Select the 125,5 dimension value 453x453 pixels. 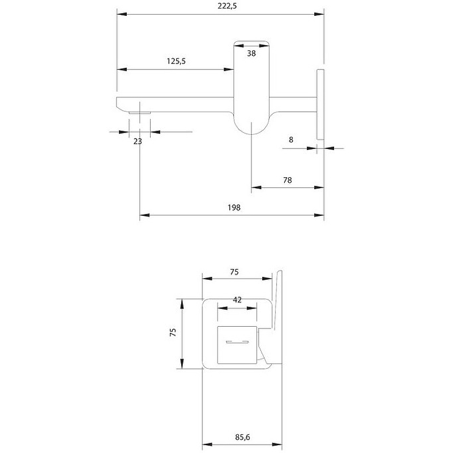coord(177,62)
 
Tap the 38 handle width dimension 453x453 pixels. coord(251,53)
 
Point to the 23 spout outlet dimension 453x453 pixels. coord(138,141)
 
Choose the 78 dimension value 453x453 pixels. coord(287,180)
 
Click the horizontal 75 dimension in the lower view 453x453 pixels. coord(234,272)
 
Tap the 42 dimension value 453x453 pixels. coord(237,300)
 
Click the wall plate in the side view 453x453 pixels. coord(320,104)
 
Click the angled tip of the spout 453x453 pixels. coord(120,104)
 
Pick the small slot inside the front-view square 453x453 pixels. coord(238,343)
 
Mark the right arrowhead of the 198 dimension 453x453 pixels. coord(320,215)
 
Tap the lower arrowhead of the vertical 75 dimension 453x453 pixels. coord(182,365)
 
